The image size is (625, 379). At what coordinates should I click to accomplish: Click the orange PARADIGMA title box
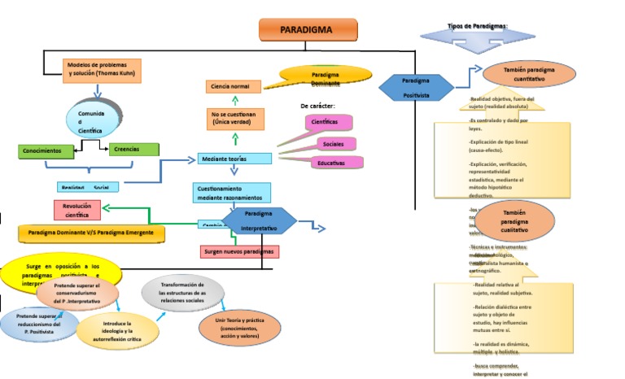[306, 29]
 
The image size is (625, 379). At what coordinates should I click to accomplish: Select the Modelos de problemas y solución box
[102, 70]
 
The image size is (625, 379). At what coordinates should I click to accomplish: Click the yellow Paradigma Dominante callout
[325, 76]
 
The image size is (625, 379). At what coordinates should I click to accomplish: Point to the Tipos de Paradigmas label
[479, 27]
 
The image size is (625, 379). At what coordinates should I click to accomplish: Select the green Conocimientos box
[46, 151]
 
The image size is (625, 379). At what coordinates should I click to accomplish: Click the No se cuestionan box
[234, 119]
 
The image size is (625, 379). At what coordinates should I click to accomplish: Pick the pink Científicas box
[324, 122]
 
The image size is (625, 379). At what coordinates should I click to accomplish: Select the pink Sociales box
[334, 144]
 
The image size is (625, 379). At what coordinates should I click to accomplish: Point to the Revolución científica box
[76, 210]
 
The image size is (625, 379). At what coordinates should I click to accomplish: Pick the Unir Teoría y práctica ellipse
[240, 326]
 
